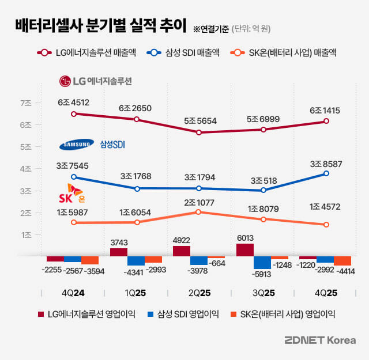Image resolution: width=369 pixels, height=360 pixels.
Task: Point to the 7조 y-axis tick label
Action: coord(26,103)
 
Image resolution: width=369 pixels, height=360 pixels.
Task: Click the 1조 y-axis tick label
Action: coord(26,235)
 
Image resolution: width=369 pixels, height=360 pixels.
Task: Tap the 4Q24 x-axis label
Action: coord(73,293)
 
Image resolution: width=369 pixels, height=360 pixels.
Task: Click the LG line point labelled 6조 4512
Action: coord(73,114)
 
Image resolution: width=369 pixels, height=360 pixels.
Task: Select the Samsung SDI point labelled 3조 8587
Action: coord(326,173)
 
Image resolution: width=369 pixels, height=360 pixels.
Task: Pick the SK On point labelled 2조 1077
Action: coord(198,212)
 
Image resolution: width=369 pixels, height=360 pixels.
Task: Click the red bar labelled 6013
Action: coord(244,249)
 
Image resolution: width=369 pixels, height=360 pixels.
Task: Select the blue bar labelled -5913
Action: coord(262,262)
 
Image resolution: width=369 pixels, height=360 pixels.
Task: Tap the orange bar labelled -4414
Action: coord(342,260)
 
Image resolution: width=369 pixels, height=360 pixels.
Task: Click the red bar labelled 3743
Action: coord(118,252)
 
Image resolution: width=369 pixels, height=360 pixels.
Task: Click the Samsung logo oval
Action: coord(76,144)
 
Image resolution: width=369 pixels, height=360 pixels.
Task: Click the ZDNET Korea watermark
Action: coord(320,340)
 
